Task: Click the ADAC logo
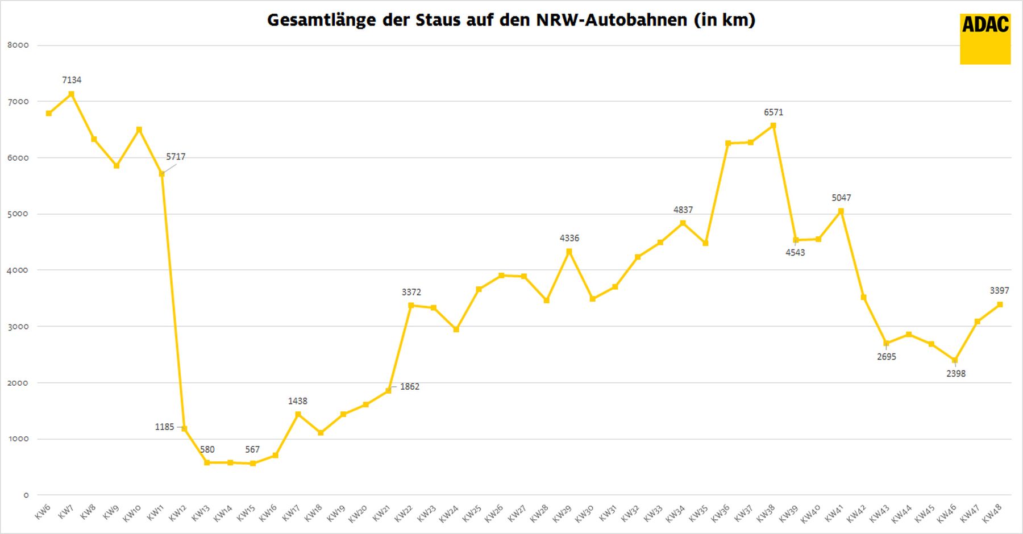985,39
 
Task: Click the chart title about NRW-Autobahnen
511,20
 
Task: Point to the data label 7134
72,80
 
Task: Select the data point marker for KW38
773,126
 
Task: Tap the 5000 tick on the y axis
18,214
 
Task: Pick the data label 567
252,449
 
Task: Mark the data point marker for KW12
184,428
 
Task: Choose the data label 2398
956,374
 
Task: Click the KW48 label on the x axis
992,513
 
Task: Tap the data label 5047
841,198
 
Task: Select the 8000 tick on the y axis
18,45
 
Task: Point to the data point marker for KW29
569,251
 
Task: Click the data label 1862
410,387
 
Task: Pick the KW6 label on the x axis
43,512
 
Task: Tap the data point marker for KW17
298,414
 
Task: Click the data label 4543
795,253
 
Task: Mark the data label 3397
999,291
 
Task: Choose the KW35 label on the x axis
698,513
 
